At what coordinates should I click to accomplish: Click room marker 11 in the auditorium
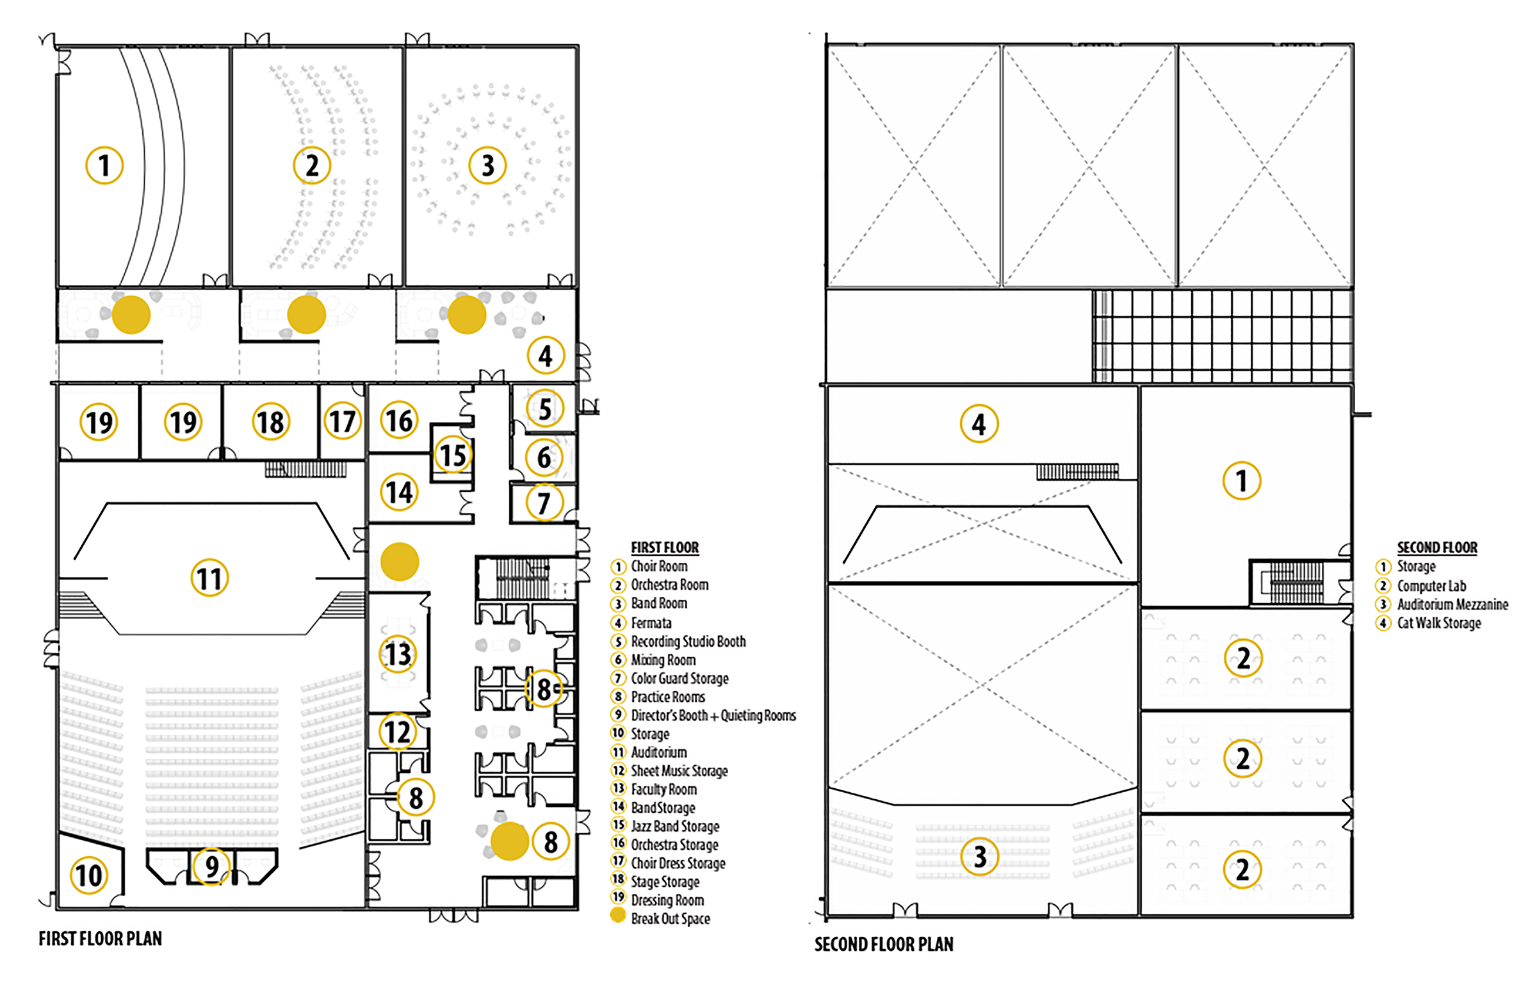[209, 578]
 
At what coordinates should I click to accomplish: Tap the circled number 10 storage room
[88, 875]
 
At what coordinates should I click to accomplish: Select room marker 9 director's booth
[211, 866]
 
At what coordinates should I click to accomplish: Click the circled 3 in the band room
[487, 165]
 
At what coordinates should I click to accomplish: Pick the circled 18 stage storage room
[270, 422]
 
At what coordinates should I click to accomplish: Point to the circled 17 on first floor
[342, 421]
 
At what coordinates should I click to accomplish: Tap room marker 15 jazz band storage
[453, 455]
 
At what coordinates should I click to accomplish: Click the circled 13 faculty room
[398, 654]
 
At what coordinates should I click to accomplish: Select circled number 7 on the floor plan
[544, 503]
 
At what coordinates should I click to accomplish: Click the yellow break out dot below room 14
[400, 562]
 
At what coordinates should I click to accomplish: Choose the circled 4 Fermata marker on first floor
[546, 355]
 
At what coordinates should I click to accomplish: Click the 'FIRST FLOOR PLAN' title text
[100, 939]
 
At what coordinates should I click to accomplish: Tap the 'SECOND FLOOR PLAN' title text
[883, 944]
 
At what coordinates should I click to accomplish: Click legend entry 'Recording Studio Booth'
[688, 642]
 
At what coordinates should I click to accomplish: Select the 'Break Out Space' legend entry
[670, 919]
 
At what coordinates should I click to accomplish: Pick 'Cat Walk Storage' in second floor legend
[1438, 623]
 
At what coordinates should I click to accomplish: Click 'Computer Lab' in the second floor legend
[1431, 586]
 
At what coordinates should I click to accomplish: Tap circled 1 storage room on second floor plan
[1241, 480]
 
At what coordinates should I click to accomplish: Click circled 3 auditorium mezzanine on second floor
[979, 856]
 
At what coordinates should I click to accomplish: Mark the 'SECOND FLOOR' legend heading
[1436, 547]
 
